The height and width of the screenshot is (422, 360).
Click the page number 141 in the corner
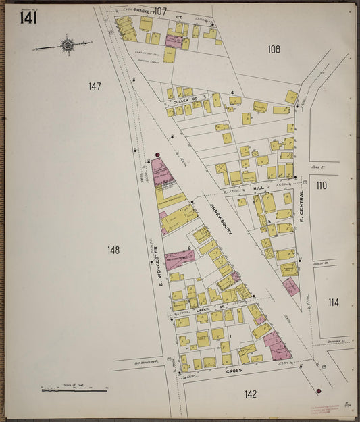(x=28, y=18)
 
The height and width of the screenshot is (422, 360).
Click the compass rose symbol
(x=67, y=45)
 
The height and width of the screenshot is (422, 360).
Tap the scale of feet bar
(x=74, y=390)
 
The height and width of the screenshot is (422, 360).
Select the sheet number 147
(x=94, y=86)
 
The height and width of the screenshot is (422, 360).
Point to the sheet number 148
(x=113, y=250)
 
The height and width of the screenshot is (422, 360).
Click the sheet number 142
(x=251, y=394)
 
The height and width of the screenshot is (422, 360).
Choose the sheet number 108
(x=274, y=49)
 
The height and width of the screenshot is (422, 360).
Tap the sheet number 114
(x=334, y=302)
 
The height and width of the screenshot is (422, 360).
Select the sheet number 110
(x=321, y=185)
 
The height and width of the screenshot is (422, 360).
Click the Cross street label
(x=234, y=370)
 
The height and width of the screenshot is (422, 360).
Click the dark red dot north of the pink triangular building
(x=158, y=155)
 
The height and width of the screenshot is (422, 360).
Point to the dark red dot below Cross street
(x=318, y=390)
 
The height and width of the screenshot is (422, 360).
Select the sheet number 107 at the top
(x=160, y=11)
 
